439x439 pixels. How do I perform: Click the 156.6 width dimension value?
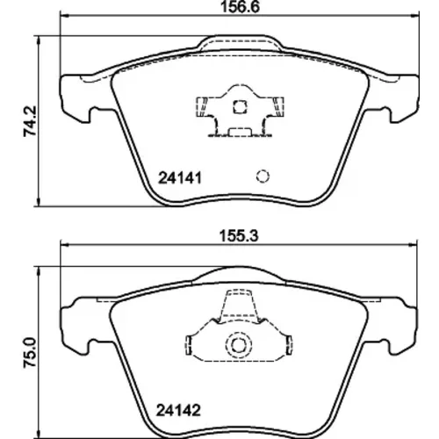(240, 7)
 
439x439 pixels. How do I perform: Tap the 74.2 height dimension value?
(30, 121)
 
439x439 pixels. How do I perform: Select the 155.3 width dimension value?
(239, 236)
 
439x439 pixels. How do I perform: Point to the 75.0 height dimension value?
(30, 352)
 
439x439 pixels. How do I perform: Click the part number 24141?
(180, 178)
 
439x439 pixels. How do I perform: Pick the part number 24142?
(178, 410)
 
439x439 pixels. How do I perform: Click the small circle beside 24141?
(263, 176)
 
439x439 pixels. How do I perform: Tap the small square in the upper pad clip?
(240, 107)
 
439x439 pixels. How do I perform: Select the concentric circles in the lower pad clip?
(238, 345)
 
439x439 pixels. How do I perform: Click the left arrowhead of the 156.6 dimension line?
(64, 15)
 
